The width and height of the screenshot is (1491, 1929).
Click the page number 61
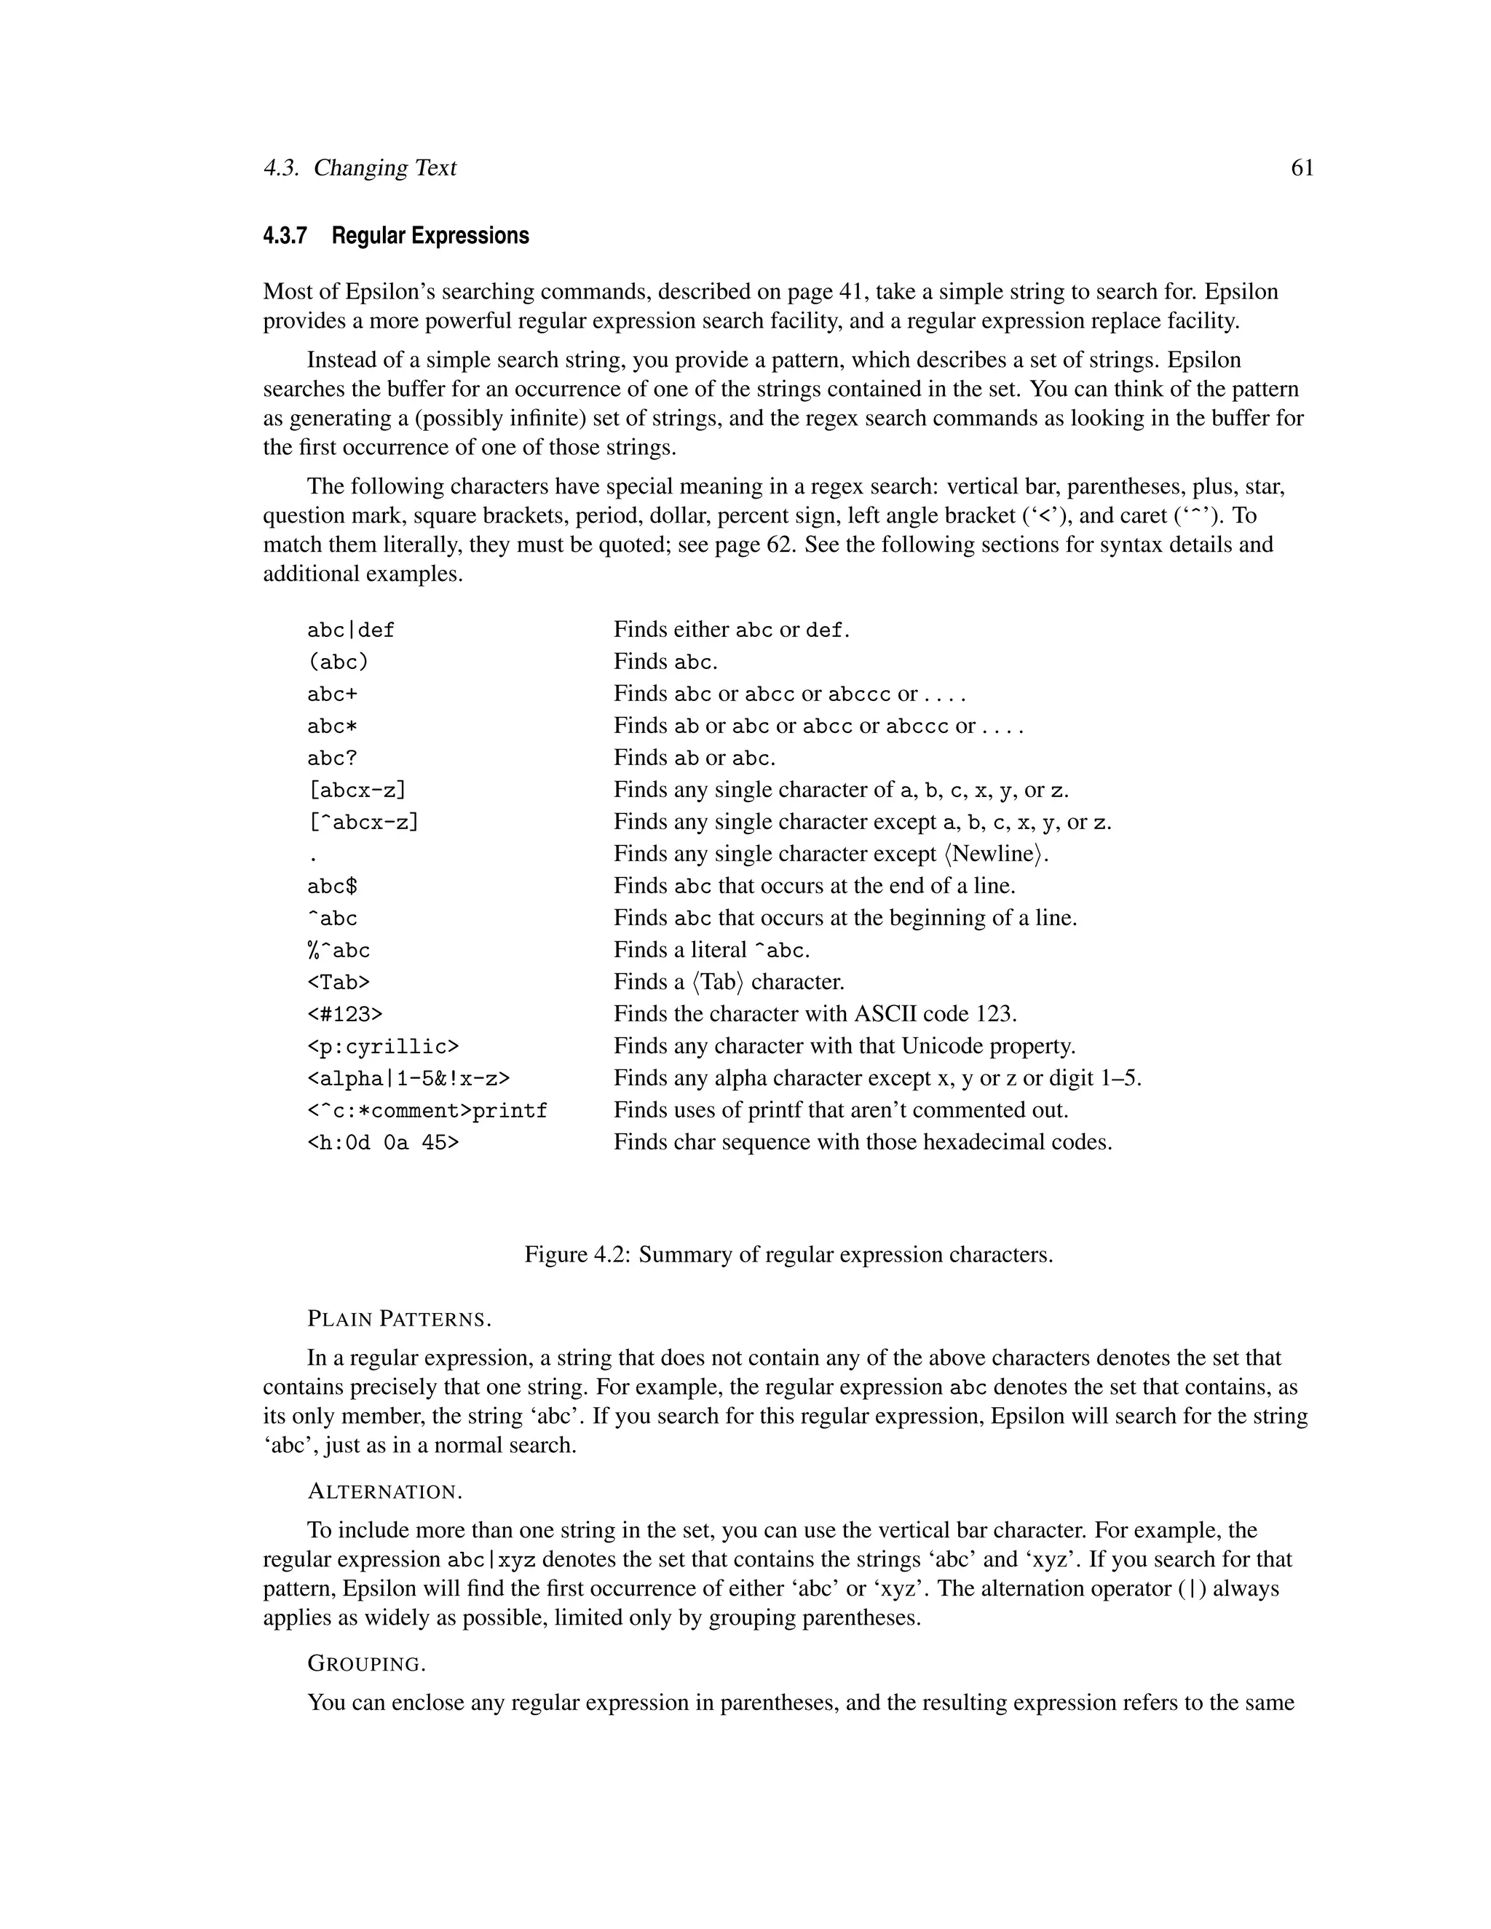coord(1302,168)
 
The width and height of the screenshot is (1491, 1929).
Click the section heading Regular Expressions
coord(430,236)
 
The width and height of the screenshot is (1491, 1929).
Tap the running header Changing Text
coord(384,168)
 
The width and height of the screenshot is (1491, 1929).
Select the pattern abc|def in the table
coord(351,630)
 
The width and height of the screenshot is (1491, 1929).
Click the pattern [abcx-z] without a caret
coord(357,791)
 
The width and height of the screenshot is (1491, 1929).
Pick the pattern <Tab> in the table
coord(339,982)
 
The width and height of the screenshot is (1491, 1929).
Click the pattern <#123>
coord(344,1014)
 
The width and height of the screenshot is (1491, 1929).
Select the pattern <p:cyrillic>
coord(382,1047)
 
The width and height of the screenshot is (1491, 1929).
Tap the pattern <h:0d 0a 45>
coord(382,1143)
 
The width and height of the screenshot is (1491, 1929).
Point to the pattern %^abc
coord(339,951)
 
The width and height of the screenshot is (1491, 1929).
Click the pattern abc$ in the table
coord(332,886)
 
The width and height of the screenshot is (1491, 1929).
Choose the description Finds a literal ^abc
coord(711,951)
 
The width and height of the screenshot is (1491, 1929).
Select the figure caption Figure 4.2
coord(788,1254)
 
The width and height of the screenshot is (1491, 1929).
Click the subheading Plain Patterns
coord(398,1320)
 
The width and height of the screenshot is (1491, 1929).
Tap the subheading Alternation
coord(384,1492)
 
